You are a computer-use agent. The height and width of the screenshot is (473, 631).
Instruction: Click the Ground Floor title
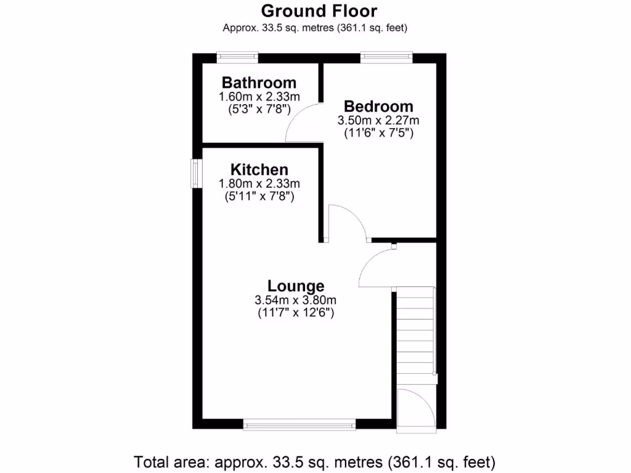point(319,11)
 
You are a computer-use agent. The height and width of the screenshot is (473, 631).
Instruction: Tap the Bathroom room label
point(259,83)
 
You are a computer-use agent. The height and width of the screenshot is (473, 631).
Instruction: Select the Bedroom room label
point(378,106)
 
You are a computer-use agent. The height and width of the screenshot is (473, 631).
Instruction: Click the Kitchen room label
point(259,169)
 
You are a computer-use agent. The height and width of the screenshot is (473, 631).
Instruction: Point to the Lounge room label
point(296,286)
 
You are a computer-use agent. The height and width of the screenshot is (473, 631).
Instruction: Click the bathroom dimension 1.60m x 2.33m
point(259,97)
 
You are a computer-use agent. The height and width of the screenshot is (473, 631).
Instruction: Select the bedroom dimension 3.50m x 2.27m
point(378,120)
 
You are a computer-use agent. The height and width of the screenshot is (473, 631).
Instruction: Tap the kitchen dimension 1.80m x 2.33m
point(259,184)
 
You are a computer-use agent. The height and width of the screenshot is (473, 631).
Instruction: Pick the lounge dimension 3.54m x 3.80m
point(296,301)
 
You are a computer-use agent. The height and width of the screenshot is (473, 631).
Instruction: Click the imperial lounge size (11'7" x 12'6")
point(296,313)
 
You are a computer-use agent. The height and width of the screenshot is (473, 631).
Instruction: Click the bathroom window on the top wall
point(237,57)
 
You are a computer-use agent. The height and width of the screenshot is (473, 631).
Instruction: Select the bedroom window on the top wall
point(386,57)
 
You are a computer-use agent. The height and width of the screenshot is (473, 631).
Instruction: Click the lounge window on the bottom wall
point(299,424)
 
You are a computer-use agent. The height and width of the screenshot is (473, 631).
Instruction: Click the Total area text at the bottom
point(315,461)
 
